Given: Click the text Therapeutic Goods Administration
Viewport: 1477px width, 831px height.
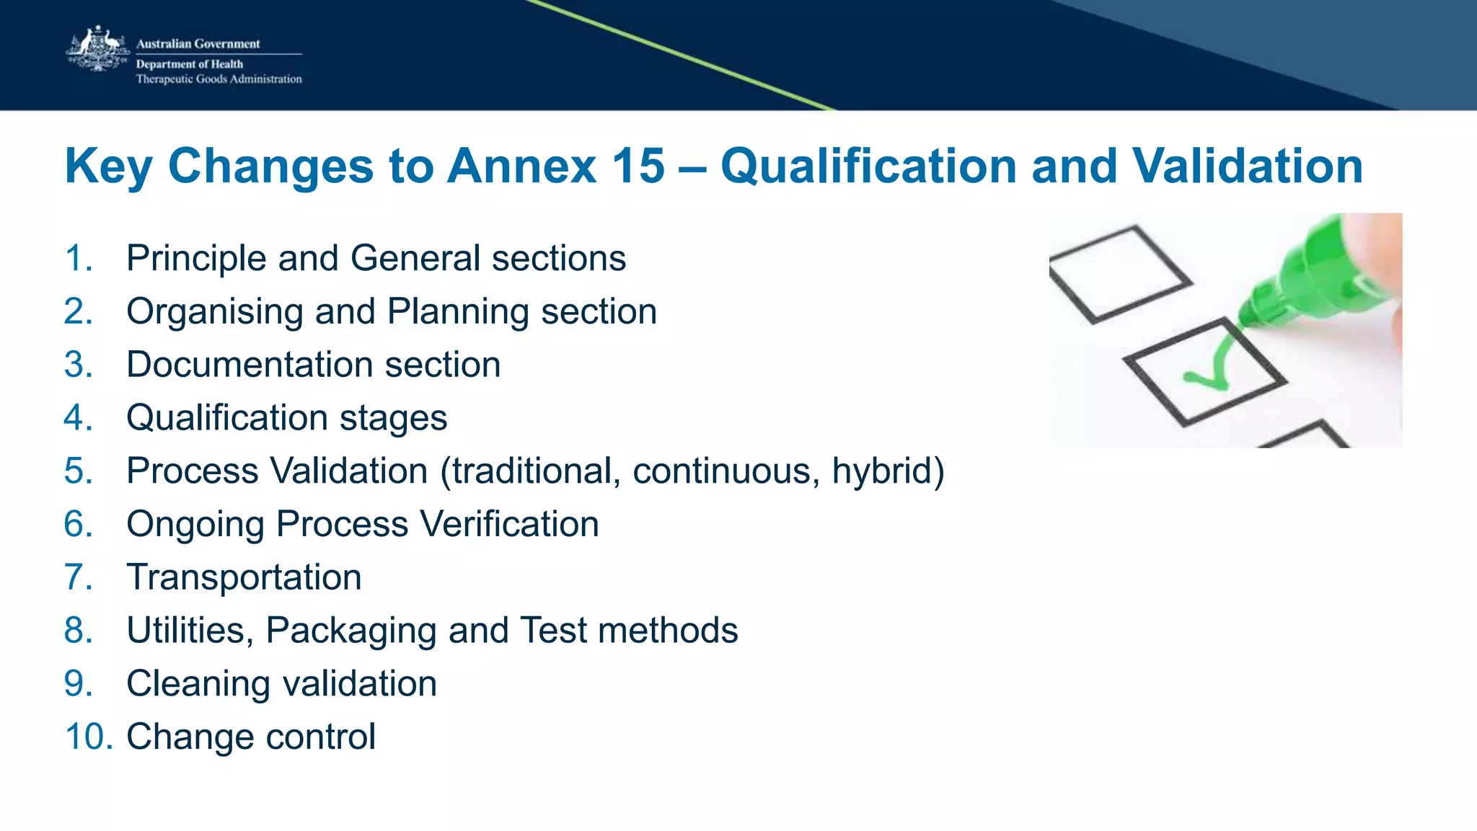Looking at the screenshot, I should pyautogui.click(x=219, y=79).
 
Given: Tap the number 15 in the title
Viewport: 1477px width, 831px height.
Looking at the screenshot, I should pyautogui.click(x=638, y=166).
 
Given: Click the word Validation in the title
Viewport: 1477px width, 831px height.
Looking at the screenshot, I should pyautogui.click(x=1247, y=166).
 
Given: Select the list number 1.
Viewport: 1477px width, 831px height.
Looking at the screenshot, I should pyautogui.click(x=78, y=258).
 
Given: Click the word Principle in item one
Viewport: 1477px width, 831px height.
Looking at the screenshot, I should pyautogui.click(x=196, y=258).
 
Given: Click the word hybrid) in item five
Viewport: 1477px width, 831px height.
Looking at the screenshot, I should pyautogui.click(x=888, y=471).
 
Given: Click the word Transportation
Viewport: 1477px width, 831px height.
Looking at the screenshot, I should pyautogui.click(x=244, y=577).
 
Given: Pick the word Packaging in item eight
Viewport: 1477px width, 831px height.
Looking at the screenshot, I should pyautogui.click(x=351, y=631).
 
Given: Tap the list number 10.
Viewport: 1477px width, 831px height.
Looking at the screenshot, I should pyautogui.click(x=88, y=737).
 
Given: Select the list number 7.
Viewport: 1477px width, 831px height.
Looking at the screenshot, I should pyautogui.click(x=78, y=577).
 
